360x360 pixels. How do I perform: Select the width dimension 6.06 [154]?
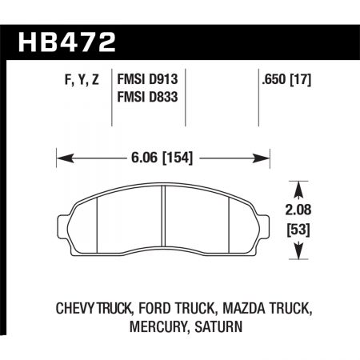pyautogui.click(x=164, y=158)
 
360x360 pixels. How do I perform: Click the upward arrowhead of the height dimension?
pyautogui.click(x=300, y=189)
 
